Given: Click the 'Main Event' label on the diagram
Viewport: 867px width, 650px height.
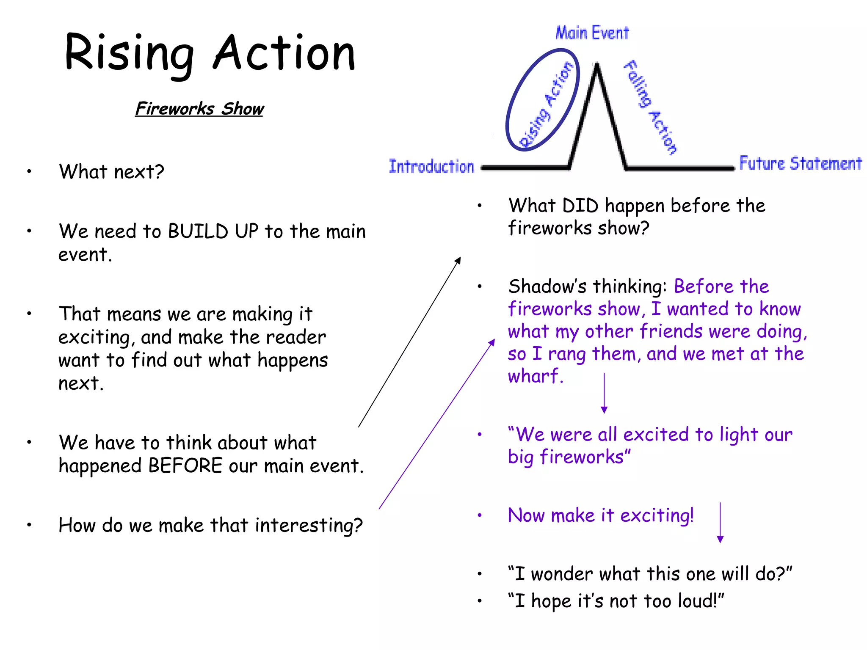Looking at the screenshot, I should coord(592,33).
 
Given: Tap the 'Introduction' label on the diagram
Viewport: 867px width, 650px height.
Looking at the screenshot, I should coord(431,166).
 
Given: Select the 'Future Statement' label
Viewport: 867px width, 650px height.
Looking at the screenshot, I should coord(800,163).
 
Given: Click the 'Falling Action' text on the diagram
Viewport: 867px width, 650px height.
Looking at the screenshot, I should coord(651,107).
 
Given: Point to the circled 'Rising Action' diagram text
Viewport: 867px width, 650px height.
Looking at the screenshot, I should coord(546,104).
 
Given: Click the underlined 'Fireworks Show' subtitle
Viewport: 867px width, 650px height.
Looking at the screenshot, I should coord(199,109).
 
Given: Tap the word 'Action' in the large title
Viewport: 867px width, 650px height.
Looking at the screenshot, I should coord(284,53).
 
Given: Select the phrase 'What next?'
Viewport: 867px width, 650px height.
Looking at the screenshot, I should coord(111,172).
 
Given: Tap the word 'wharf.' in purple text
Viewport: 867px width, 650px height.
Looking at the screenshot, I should coord(536,376).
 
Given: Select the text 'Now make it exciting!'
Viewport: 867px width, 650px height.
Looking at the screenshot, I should coord(601,515).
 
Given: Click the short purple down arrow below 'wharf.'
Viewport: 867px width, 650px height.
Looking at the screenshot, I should coord(604,394).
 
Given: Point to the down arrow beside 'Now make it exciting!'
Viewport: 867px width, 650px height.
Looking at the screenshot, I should coord(720,523).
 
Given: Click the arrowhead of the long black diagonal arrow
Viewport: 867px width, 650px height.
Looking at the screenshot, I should coord(458,259).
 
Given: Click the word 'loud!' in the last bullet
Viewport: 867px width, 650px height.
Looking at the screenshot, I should coord(701,601).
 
